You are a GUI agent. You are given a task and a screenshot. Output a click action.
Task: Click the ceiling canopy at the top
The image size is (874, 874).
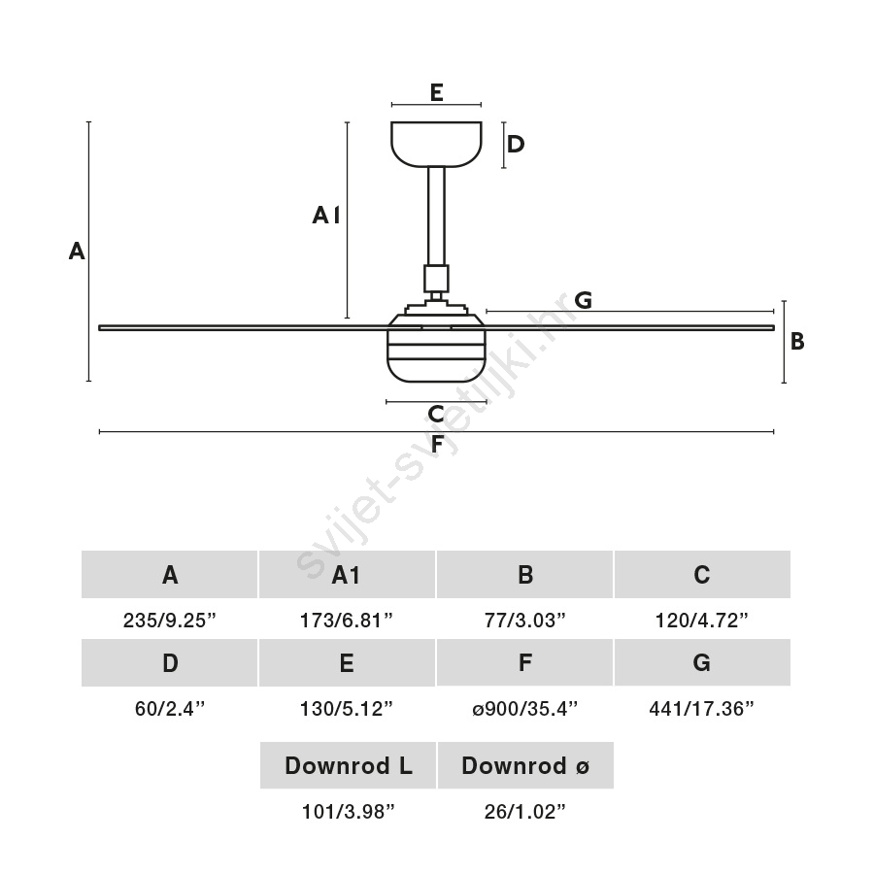[436, 143]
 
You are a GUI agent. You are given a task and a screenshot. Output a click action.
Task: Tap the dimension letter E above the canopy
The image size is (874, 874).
[436, 92]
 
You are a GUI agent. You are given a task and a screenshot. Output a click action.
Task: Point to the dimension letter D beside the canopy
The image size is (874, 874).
[516, 144]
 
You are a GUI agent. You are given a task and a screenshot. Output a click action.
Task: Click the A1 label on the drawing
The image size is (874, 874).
[325, 216]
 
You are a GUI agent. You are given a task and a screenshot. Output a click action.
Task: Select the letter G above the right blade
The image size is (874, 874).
[583, 300]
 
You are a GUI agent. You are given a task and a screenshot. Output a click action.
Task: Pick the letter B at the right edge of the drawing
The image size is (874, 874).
[797, 342]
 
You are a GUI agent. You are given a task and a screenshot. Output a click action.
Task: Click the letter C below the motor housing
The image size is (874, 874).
[436, 415]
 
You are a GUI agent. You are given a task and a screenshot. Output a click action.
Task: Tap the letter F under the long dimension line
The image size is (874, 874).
[438, 445]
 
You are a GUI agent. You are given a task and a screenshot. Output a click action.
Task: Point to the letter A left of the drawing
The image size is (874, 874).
[77, 252]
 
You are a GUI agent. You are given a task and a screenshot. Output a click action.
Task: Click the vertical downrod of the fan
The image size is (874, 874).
[436, 214]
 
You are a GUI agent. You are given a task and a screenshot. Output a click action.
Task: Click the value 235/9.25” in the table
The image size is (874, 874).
[170, 621]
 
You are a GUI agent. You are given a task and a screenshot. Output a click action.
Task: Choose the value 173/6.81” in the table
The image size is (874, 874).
[347, 621]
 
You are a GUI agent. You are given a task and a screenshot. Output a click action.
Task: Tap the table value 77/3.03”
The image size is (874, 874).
[524, 621]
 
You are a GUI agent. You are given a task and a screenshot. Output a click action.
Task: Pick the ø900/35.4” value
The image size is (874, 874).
[524, 709]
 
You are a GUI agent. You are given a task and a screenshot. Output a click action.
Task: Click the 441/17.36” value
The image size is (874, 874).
[701, 709]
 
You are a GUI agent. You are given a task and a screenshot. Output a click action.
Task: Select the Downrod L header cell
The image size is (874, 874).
[348, 765]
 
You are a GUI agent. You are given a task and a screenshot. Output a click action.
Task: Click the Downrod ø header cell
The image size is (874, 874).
[524, 765]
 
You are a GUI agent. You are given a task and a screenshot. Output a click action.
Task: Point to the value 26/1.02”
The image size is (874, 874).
[524, 812]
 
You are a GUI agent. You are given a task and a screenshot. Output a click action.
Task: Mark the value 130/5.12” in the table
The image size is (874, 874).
[347, 709]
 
